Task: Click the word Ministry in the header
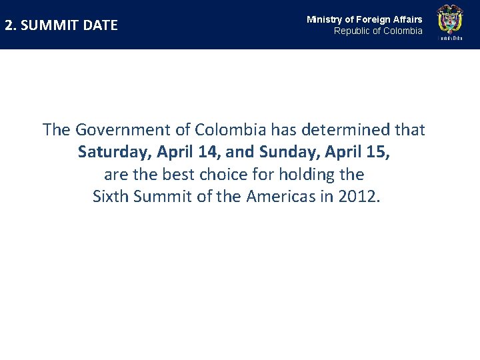point(324,19)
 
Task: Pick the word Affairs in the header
point(407,19)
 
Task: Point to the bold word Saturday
point(115,152)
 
